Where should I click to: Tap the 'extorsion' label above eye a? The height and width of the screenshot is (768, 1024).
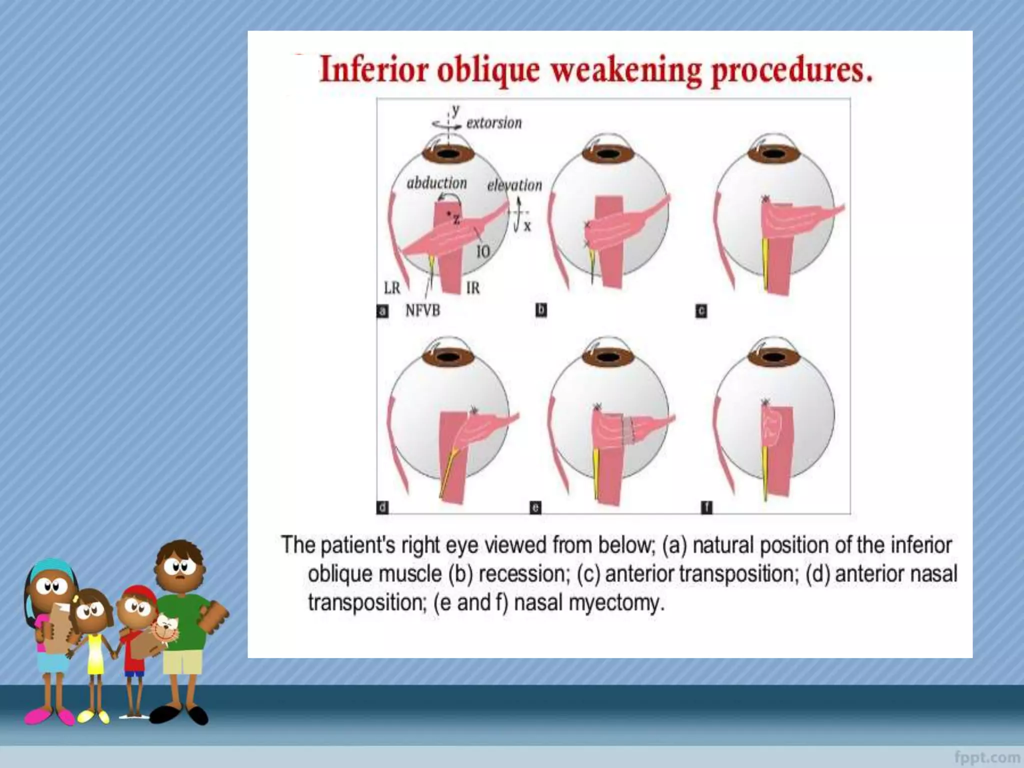493,123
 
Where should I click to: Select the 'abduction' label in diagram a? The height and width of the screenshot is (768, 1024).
436,183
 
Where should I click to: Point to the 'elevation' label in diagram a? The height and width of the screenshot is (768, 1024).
514,185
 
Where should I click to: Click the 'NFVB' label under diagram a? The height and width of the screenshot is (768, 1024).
422,310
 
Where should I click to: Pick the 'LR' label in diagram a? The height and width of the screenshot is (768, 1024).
392,288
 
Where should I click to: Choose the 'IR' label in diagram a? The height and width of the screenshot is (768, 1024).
472,288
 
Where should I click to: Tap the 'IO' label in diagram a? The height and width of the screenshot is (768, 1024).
482,251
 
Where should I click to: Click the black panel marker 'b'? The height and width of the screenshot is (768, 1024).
541,310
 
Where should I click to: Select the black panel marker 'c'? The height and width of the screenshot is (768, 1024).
701,311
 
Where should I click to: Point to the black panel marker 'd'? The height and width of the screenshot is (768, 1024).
382,507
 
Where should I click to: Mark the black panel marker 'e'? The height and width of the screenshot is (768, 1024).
535,507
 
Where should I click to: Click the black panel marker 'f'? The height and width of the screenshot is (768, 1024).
706,507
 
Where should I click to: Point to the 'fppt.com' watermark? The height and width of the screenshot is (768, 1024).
987,757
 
